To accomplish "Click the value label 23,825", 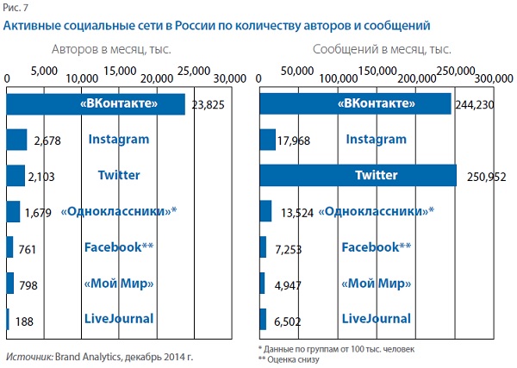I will click(x=209, y=104).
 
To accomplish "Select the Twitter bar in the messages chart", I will click(x=358, y=175).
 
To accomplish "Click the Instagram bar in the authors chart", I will click(x=16, y=140).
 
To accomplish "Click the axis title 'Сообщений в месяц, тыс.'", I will click(x=382, y=50).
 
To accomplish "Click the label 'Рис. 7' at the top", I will click(x=16, y=9).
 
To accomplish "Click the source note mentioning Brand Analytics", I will click(x=99, y=356).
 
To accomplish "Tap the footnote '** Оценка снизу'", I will click(x=288, y=359).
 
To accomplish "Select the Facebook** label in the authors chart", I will click(x=119, y=247).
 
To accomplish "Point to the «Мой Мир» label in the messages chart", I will click(x=376, y=284).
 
